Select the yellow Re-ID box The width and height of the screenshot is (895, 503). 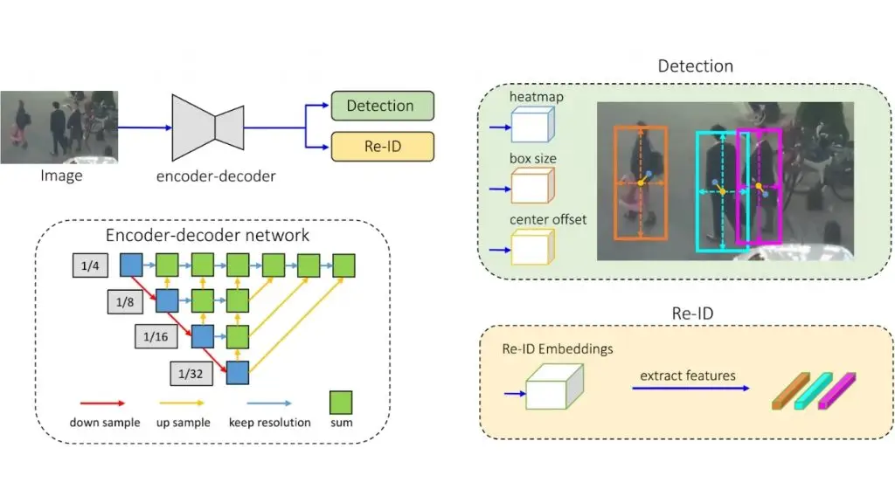[381, 146]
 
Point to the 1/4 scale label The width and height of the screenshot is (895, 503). [90, 265]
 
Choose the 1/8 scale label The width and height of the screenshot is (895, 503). [125, 302]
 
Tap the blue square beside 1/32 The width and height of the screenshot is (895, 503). [238, 372]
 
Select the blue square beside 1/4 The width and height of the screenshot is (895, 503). [131, 264]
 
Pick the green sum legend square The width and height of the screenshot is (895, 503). [340, 403]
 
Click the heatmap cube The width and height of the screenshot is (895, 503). [531, 126]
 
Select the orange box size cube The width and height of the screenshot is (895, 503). [531, 186]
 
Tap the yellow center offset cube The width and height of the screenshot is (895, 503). [531, 247]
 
